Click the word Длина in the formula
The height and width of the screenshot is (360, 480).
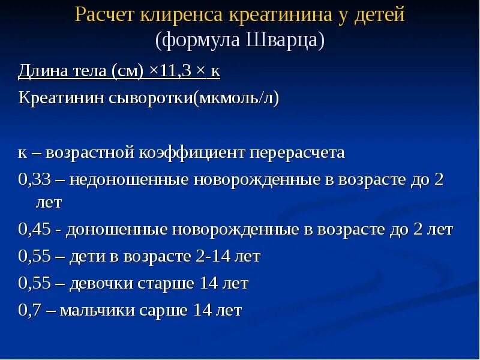click(40, 71)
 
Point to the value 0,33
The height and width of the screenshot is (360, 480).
click(34, 179)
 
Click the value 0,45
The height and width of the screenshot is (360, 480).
click(34, 229)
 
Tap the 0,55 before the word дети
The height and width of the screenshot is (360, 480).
click(34, 256)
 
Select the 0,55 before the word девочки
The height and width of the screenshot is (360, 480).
click(34, 283)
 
